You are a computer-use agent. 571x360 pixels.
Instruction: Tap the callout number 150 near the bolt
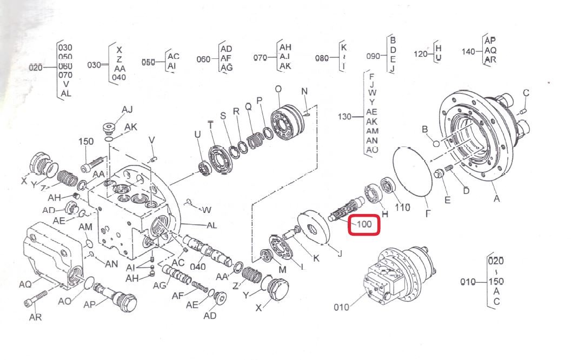pyautogui.click(x=86, y=142)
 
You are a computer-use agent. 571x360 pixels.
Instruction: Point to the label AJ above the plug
pyautogui.click(x=127, y=110)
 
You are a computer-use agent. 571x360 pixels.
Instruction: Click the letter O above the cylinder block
pyautogui.click(x=278, y=89)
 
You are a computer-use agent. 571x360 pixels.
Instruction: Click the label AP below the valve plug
pyautogui.click(x=90, y=304)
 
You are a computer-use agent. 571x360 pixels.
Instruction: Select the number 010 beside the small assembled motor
pyautogui.click(x=341, y=308)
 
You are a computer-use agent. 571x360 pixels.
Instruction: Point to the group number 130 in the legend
pyautogui.click(x=344, y=117)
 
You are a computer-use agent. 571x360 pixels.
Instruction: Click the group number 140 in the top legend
pyautogui.click(x=469, y=51)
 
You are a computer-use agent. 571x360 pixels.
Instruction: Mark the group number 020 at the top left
pyautogui.click(x=35, y=67)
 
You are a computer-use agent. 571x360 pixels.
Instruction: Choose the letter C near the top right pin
pyautogui.click(x=526, y=93)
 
